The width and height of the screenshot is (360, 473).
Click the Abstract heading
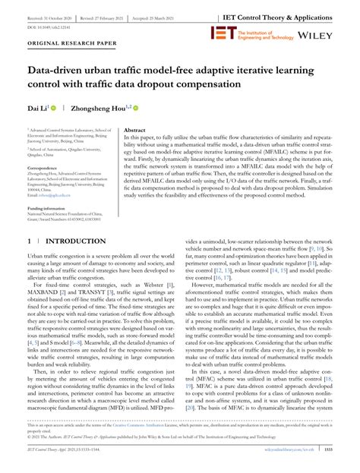click(x=134, y=131)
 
